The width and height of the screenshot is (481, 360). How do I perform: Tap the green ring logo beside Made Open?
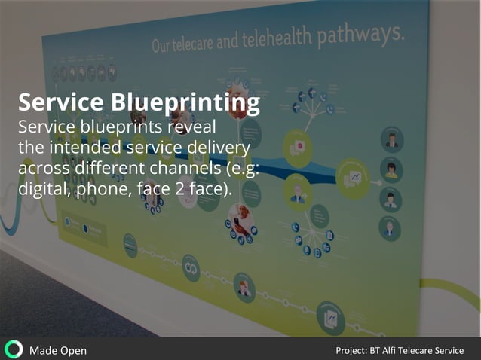14,349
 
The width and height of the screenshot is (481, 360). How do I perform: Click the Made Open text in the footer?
57,350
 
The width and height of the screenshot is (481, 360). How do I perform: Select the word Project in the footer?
351,350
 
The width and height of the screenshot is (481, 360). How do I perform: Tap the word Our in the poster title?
162,47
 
